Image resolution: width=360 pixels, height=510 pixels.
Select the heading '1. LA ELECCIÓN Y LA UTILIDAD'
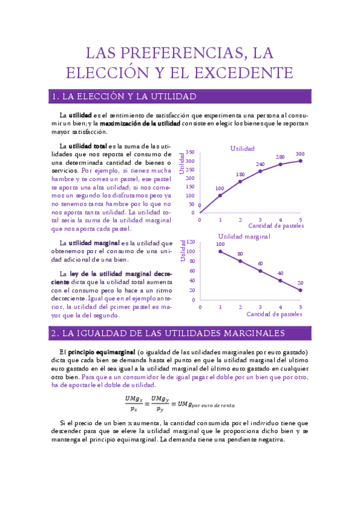click(124, 97)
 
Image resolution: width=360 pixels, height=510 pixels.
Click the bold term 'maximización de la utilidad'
click(139, 123)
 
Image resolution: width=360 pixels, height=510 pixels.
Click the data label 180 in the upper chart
click(240, 174)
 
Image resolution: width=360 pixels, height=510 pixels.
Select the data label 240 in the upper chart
click(260, 164)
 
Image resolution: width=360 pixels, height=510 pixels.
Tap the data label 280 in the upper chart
click(280, 157)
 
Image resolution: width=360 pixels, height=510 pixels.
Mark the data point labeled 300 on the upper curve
click(301, 161)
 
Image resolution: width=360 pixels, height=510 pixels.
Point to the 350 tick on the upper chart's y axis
click(191, 153)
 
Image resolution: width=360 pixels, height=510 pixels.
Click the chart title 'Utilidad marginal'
click(244, 236)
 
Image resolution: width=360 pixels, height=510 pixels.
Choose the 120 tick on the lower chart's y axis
click(191, 241)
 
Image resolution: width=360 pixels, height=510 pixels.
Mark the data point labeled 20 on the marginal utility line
click(301, 290)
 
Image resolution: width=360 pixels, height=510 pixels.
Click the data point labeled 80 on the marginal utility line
click(240, 261)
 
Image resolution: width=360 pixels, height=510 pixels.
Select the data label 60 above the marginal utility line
click(260, 263)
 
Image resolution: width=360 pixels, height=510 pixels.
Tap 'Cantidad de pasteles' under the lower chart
click(275, 314)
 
